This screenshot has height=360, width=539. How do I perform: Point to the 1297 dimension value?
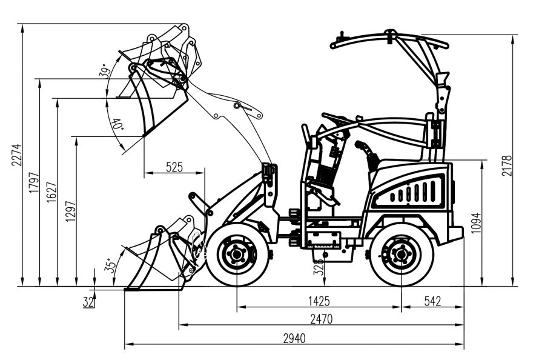(71, 210)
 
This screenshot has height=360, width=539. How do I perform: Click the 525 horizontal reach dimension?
(174, 168)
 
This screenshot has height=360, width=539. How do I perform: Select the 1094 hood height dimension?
(477, 222)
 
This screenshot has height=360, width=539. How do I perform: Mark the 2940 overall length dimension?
(294, 338)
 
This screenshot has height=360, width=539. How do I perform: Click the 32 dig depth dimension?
(88, 301)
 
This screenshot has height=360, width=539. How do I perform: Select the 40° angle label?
(117, 124)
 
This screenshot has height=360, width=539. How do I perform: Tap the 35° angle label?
(110, 265)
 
